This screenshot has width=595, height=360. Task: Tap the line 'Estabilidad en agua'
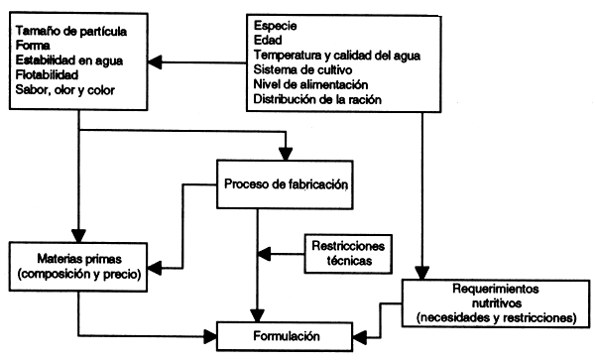tap(68, 61)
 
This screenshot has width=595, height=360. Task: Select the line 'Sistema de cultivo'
tap(301, 70)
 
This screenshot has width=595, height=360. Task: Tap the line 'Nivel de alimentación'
tap(310, 85)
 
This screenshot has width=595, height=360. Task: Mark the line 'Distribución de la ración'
tap(319, 99)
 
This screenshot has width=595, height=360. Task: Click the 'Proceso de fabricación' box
tap(284, 183)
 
